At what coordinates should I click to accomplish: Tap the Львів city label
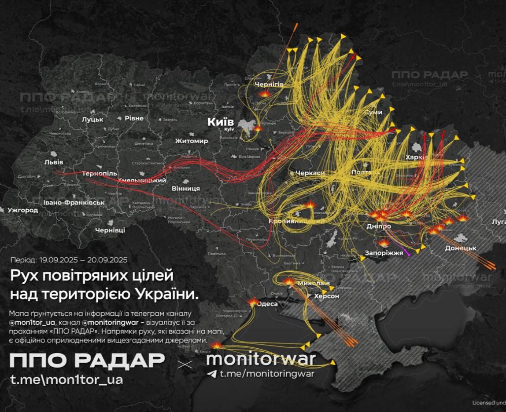click(x=54, y=162)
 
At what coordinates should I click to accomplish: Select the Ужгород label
click(x=22, y=211)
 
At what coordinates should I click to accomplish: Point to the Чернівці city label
click(x=110, y=230)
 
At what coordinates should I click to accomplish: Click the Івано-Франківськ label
click(x=74, y=203)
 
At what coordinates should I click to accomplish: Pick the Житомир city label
click(x=192, y=141)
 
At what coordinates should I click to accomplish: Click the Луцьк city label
click(x=92, y=119)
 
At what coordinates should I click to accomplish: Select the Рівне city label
click(x=134, y=119)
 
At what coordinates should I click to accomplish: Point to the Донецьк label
click(x=461, y=248)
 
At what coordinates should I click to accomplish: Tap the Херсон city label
click(x=327, y=296)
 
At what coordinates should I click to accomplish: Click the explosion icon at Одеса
click(x=254, y=302)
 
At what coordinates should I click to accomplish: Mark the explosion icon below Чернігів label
click(x=265, y=94)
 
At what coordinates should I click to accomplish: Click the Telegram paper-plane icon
click(x=212, y=374)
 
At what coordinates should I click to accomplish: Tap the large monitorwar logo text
click(x=261, y=359)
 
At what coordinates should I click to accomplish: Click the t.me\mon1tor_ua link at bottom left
click(x=66, y=379)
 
